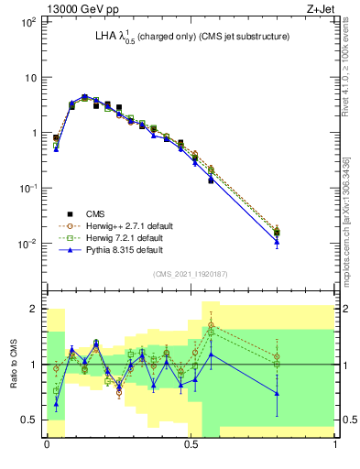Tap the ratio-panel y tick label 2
pyautogui.click(x=35, y=309)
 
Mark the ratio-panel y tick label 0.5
pyautogui.click(x=31, y=420)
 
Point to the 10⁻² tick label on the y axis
pyautogui.click(x=27, y=244)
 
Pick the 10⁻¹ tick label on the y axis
pyautogui.click(x=27, y=189)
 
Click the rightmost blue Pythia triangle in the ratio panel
pyautogui.click(x=278, y=394)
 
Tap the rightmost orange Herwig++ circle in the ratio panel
pyautogui.click(x=278, y=356)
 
